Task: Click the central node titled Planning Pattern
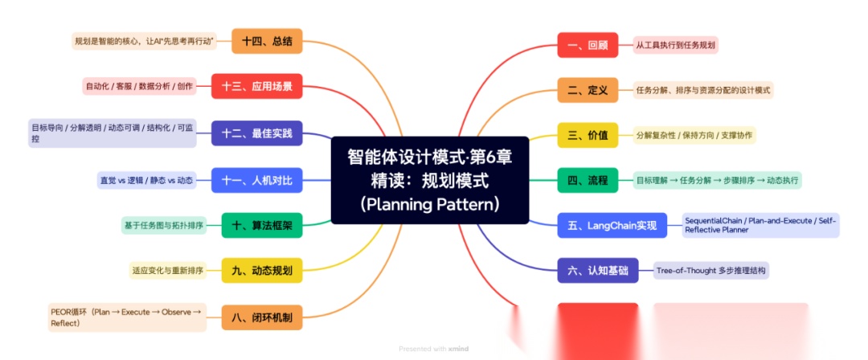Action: pos(430,180)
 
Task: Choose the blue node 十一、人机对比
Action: pos(257,180)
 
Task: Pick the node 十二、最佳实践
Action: pos(257,133)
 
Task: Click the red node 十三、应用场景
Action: pos(257,86)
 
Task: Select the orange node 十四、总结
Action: pos(267,41)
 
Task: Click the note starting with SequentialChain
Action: pos(759,225)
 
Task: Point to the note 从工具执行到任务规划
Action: pos(675,45)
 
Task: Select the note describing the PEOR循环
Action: pos(126,317)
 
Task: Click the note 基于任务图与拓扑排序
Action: pos(163,226)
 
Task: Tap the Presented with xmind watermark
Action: pos(433,349)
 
